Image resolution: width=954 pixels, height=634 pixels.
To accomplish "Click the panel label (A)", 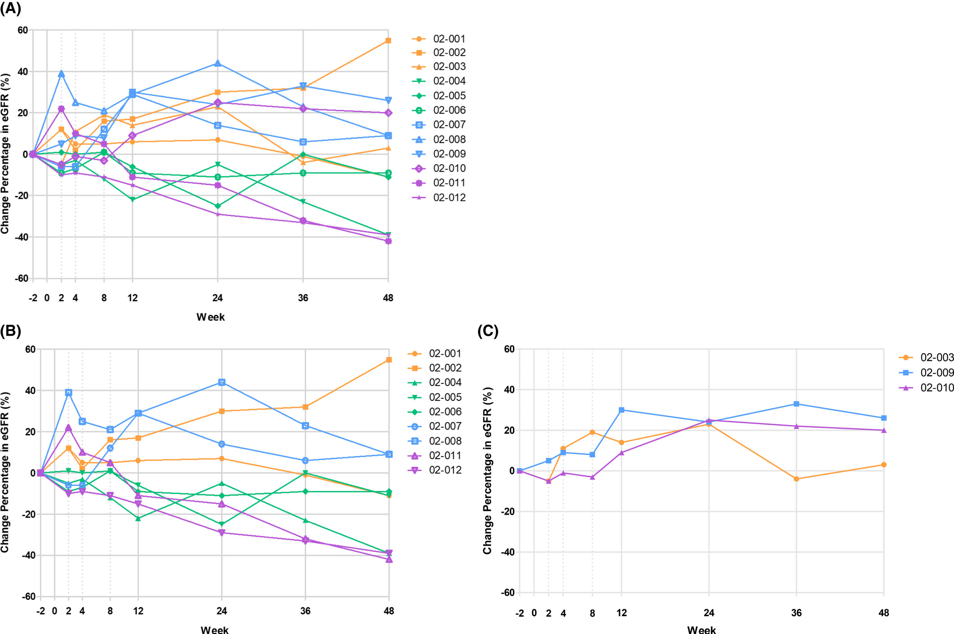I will [x=11, y=8].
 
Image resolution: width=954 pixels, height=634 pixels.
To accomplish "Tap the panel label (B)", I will [x=11, y=330].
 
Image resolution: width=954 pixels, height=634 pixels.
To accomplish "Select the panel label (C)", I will [x=488, y=330].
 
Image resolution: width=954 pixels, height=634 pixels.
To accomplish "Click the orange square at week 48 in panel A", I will [x=388, y=41].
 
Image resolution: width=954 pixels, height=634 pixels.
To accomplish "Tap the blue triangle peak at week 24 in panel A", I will [x=217, y=63].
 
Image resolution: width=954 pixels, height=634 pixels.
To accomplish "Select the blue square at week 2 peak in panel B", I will [x=69, y=392].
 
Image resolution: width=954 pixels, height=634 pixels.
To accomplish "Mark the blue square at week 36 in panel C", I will [x=796, y=404].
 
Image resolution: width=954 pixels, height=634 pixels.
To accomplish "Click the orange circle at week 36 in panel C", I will [x=796, y=479].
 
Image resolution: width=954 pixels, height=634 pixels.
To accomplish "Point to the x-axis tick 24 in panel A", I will [x=217, y=298].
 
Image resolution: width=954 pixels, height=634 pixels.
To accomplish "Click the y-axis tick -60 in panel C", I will [x=508, y=592].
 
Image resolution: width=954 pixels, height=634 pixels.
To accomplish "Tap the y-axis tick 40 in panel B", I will [x=30, y=391].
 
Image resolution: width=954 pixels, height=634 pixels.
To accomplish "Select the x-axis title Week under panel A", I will [x=211, y=317].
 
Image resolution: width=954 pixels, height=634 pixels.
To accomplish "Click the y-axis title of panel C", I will [x=488, y=470].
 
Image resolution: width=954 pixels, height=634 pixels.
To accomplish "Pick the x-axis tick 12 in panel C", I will [x=621, y=612].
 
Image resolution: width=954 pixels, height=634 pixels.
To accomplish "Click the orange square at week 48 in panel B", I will [x=389, y=360].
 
